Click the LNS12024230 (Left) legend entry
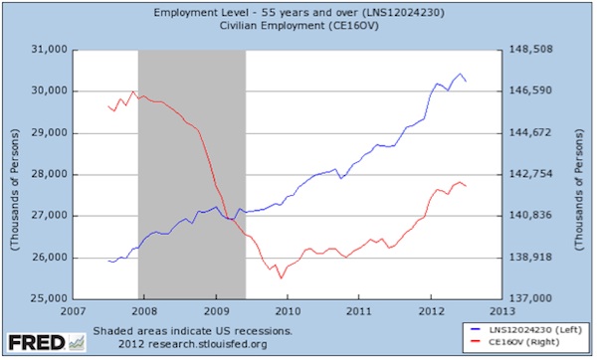526,327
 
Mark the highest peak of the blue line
460,74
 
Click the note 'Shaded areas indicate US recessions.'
191,329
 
